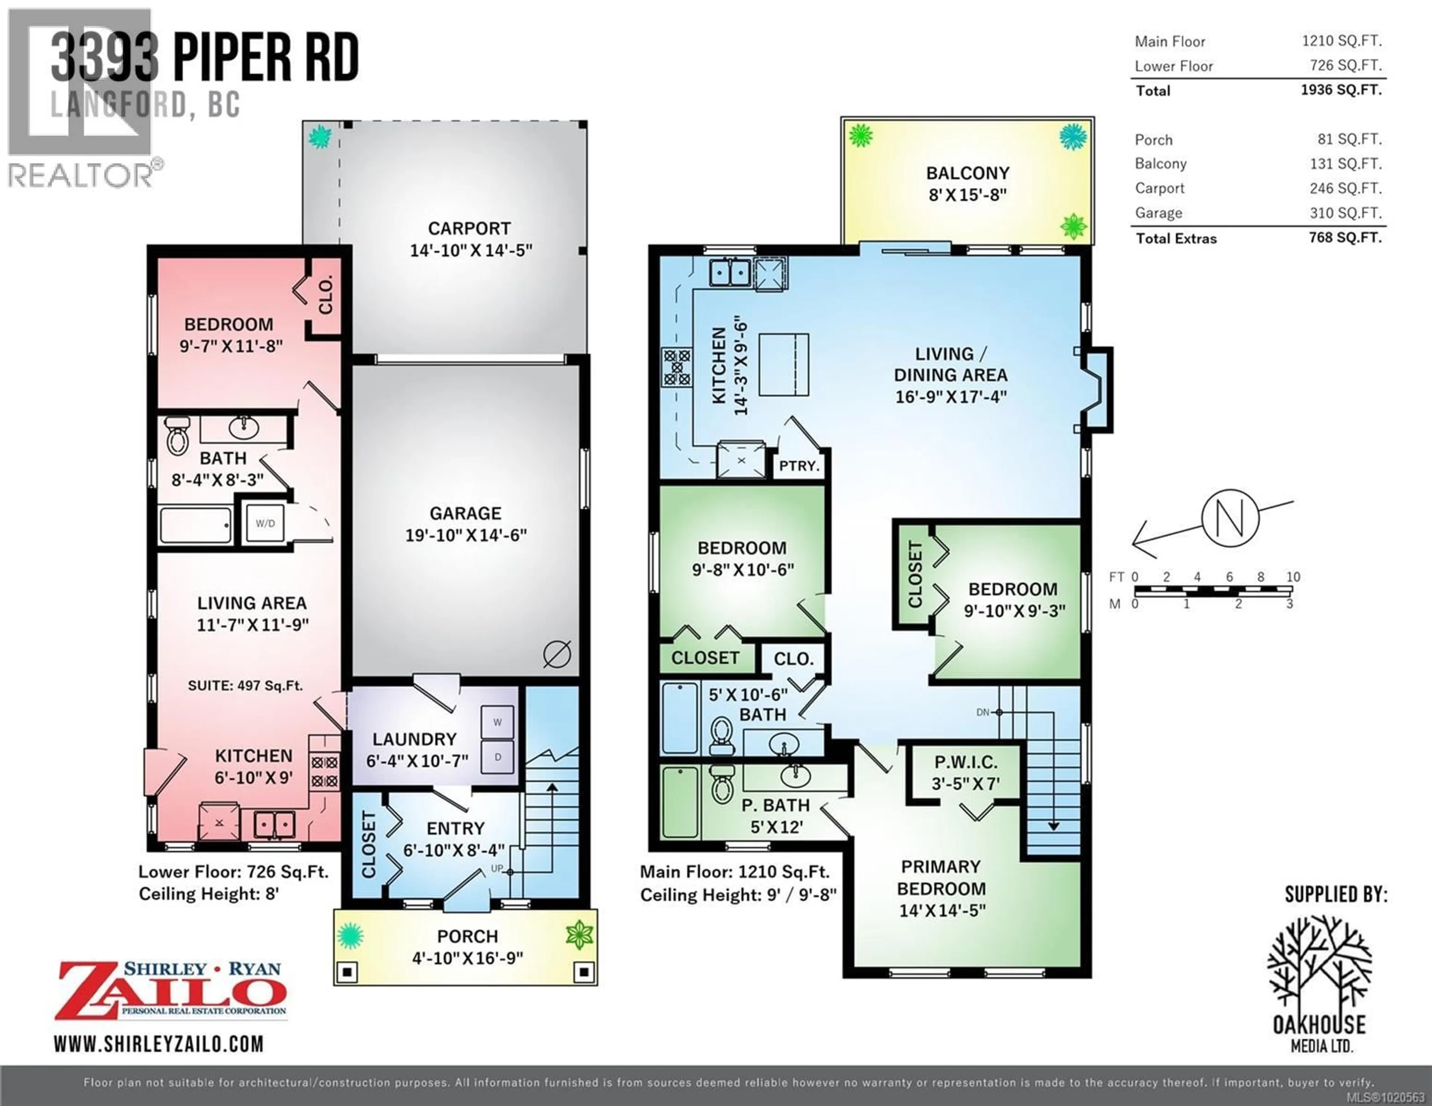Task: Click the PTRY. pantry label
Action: coord(799,466)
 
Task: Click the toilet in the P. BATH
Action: coord(722,785)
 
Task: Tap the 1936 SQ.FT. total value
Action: coord(1341,90)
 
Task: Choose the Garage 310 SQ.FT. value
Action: coord(1345,213)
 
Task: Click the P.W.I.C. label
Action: coord(966,762)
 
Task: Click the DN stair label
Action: coord(983,712)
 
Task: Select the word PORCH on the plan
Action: coord(468,936)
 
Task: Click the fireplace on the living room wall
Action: coord(1095,390)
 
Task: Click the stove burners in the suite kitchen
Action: coord(324,772)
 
